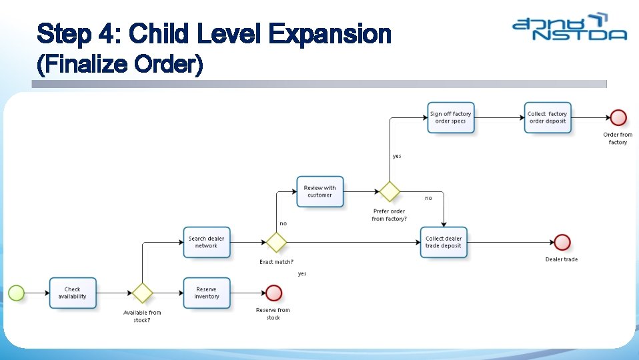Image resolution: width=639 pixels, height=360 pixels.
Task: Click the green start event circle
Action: click(16, 293)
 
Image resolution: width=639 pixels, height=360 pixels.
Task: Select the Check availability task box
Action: click(73, 293)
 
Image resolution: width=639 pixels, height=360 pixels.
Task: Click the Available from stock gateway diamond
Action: click(141, 293)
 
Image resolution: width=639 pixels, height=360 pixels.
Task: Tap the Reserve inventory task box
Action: click(207, 293)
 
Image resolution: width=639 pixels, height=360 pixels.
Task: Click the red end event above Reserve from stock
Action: click(273, 293)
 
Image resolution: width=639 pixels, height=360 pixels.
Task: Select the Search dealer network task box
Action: click(207, 242)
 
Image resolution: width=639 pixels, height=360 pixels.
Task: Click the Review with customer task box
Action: click(319, 191)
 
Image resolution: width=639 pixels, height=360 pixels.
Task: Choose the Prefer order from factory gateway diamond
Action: click(389, 191)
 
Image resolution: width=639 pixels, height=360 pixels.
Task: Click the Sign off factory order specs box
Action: click(451, 117)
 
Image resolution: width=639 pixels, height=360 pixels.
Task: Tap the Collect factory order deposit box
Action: click(548, 117)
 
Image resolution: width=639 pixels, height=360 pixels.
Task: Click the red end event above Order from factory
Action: click(618, 118)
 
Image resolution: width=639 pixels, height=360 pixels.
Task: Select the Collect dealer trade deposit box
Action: click(444, 242)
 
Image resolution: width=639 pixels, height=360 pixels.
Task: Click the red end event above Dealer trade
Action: click(562, 242)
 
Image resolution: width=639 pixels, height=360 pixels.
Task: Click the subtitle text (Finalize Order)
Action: click(120, 65)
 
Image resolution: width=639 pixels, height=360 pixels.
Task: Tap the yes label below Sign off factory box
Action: click(397, 156)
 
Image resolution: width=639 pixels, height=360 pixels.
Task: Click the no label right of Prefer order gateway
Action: click(428, 198)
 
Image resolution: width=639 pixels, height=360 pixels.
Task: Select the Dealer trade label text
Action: click(562, 259)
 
